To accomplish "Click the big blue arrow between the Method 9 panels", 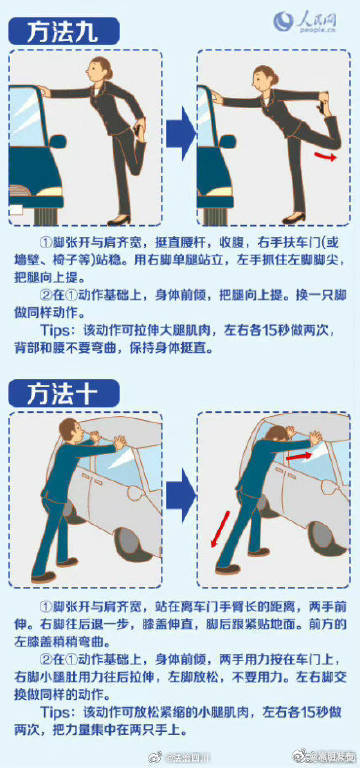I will click(179, 133).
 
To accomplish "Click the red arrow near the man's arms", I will click(299, 455).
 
